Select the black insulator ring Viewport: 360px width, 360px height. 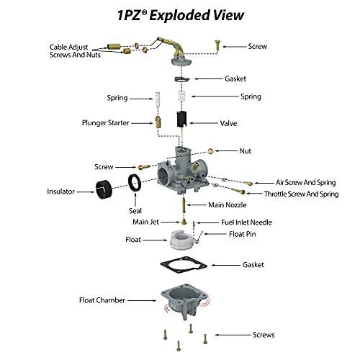point(104,189)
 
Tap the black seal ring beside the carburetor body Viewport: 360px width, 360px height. point(135,183)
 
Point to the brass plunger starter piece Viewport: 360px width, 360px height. point(158,122)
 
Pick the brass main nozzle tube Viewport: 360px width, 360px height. point(184,205)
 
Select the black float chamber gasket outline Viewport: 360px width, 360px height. point(184,265)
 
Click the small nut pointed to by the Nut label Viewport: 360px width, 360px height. point(210,151)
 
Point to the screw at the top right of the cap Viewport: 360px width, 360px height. point(217,45)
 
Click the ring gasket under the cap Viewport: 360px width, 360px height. point(181,79)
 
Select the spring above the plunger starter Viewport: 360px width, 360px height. point(158,99)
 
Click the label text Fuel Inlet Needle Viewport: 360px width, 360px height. point(246,222)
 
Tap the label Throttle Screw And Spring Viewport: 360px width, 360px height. point(301,194)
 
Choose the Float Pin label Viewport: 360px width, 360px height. point(243,234)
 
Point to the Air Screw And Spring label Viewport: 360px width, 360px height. point(305,182)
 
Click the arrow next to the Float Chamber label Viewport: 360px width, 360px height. point(142,300)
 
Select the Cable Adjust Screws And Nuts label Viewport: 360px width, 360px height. point(75,51)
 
